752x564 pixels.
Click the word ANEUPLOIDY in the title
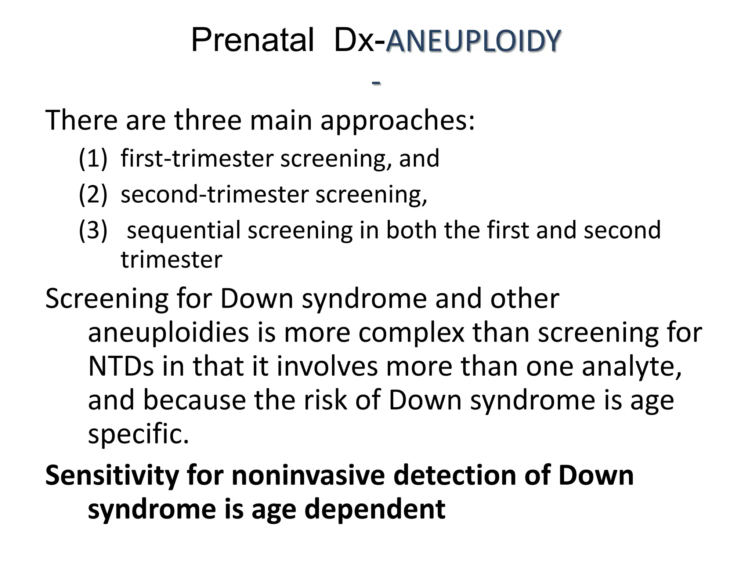[473, 41]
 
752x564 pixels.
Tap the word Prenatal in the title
[253, 40]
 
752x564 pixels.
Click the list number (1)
[93, 159]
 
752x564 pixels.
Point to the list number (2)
[93, 194]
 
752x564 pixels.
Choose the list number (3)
[93, 230]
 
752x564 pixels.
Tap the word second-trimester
[214, 194]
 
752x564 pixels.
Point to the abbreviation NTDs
[121, 366]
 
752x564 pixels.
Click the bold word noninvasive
[308, 475]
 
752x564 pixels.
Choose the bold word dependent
[375, 510]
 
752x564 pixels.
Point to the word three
[207, 120]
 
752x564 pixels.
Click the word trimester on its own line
[171, 260]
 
